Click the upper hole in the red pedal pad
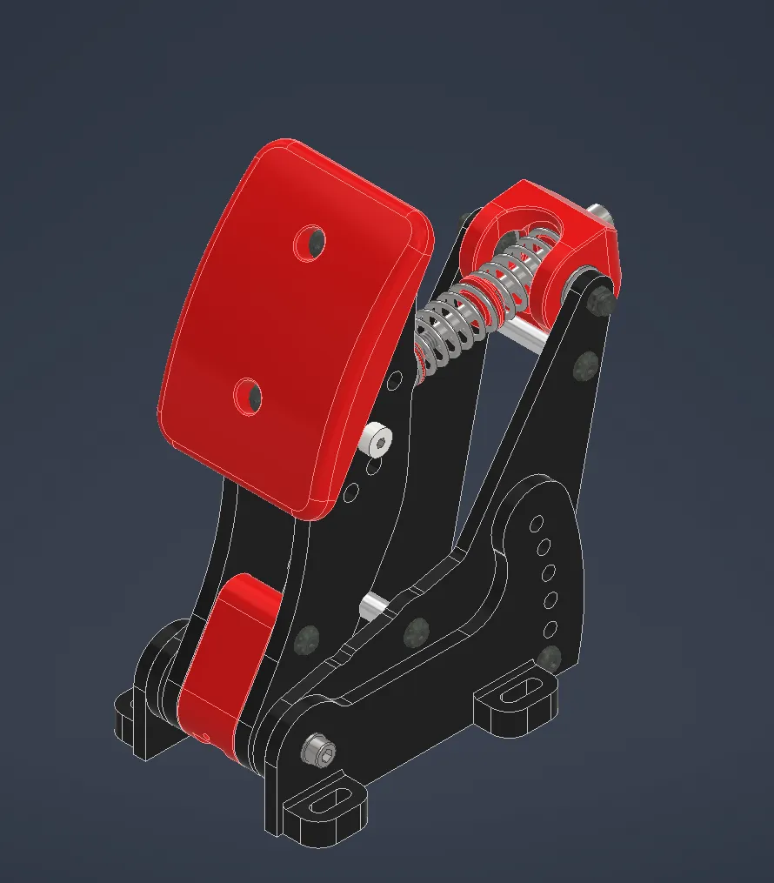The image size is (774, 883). pyautogui.click(x=310, y=243)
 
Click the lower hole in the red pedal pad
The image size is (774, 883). pyautogui.click(x=249, y=396)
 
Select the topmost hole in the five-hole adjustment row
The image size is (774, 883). pyautogui.click(x=537, y=524)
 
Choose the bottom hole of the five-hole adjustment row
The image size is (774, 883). pyautogui.click(x=550, y=628)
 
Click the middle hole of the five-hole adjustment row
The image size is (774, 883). pyautogui.click(x=548, y=573)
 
